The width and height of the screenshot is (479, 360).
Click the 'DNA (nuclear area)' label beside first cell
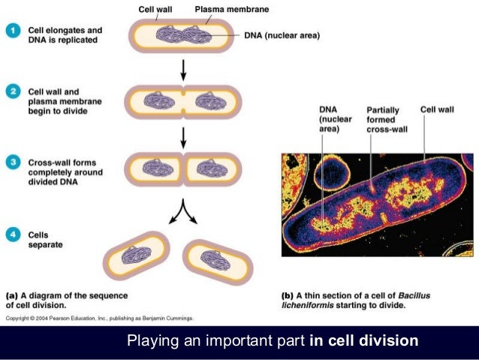point(282,35)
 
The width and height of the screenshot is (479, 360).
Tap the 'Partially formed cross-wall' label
point(383,119)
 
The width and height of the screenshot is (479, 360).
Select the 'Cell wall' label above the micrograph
point(437,110)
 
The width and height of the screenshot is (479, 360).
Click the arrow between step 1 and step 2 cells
point(184,70)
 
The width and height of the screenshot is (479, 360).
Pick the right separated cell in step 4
point(218,259)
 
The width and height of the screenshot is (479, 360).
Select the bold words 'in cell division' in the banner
point(363,341)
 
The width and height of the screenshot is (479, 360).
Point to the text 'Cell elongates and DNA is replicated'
point(63,35)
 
